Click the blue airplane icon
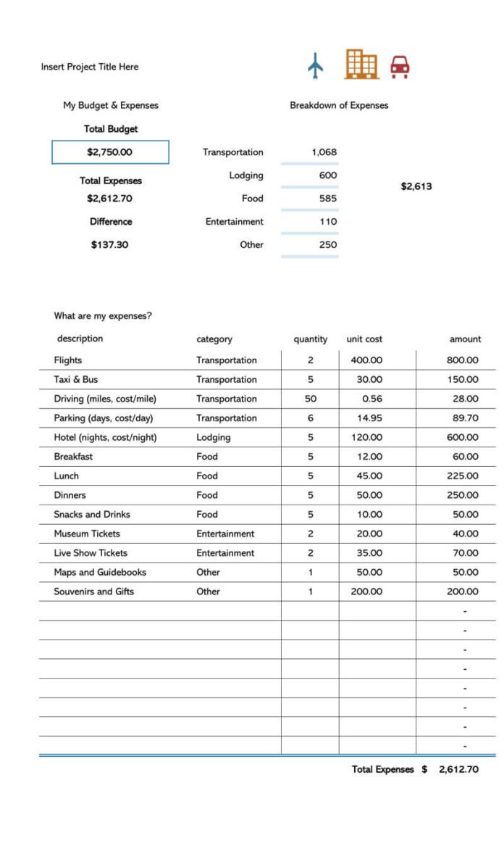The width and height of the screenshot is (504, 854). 315,66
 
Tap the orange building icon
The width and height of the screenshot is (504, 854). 361,65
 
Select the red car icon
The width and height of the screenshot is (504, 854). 400,67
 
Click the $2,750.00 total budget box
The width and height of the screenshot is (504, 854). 110,152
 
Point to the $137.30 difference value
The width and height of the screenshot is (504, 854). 109,245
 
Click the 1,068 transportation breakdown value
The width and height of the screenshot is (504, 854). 324,152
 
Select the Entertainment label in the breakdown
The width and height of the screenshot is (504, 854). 234,222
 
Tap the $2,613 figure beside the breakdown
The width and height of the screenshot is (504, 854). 416,186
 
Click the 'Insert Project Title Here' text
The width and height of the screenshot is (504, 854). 90,67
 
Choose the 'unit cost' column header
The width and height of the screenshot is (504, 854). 364,339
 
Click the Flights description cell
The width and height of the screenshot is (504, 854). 68,360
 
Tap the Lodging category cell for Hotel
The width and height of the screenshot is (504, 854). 213,437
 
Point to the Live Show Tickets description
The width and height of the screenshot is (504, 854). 91,553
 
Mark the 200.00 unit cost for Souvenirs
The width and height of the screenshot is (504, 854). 366,592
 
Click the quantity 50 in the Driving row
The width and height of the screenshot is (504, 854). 311,399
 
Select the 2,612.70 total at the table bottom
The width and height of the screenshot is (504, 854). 458,769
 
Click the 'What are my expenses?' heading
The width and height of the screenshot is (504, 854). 103,316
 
